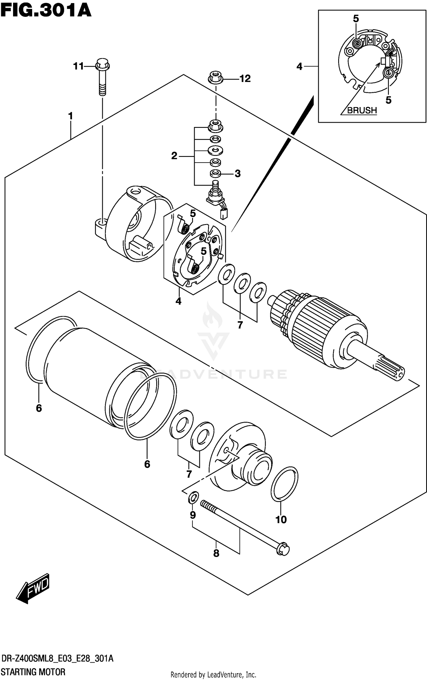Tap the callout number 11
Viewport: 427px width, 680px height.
click(78, 66)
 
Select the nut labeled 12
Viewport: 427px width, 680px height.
click(215, 78)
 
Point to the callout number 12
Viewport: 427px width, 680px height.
click(245, 79)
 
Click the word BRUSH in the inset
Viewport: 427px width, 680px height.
click(362, 110)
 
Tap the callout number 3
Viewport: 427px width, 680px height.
click(238, 173)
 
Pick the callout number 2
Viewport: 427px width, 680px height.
click(174, 156)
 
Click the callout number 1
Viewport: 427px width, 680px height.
click(71, 116)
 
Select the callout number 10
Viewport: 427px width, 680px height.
click(281, 520)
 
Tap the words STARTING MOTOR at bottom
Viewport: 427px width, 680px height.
click(33, 672)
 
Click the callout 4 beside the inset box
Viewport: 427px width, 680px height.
click(299, 67)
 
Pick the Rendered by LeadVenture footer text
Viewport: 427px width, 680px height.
click(213, 675)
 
